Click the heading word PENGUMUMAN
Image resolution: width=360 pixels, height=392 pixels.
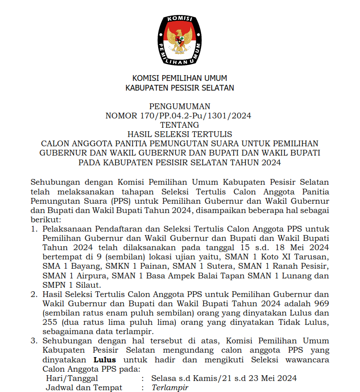coord(179,107)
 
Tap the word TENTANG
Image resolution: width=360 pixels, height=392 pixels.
coord(179,125)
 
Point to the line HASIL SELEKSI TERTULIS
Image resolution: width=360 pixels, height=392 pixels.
coord(179,134)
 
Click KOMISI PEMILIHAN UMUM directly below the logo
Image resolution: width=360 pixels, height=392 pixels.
coord(179,79)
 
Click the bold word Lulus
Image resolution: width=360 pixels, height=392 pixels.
coord(105,359)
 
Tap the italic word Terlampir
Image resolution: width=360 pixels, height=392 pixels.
coord(170,388)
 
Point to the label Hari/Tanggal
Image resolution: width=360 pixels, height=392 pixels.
coord(72,378)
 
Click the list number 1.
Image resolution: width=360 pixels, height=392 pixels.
coord(34,229)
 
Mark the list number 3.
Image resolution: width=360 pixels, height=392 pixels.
coord(34,341)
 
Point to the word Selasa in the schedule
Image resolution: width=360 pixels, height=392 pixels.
coord(163,378)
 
